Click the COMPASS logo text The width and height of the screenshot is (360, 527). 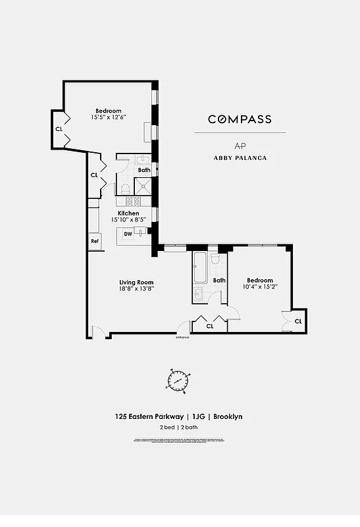(240, 119)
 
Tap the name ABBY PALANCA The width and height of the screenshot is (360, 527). (240, 158)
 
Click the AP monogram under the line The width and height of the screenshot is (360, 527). (240, 146)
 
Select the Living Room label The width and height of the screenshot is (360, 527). (136, 283)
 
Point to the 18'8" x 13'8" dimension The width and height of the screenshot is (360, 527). (136, 289)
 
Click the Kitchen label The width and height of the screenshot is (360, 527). (128, 213)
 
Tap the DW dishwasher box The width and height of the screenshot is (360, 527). (128, 233)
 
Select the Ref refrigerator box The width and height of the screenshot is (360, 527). (95, 241)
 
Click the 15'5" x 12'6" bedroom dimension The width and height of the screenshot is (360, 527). (109, 117)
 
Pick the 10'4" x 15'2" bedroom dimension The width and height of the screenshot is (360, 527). (260, 287)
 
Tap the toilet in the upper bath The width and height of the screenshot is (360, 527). (125, 188)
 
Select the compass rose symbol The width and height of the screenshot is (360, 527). (179, 380)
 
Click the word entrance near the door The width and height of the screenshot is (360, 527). (182, 337)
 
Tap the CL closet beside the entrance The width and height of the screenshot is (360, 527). (210, 325)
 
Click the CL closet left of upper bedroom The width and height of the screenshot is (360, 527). (59, 129)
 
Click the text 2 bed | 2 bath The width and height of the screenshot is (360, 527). (179, 427)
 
